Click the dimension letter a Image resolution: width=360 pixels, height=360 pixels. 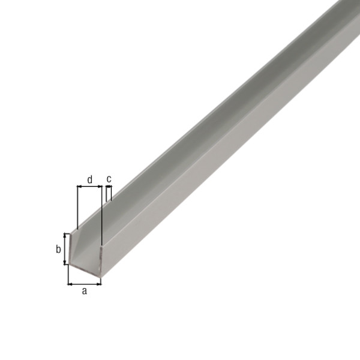[85, 292]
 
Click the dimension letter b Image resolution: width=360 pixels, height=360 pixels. [59, 249]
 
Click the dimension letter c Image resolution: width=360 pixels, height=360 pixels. [109, 179]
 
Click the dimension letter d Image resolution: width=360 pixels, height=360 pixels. [89, 179]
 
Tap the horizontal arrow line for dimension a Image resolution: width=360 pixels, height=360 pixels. [85, 283]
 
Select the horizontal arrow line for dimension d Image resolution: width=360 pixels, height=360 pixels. [89, 187]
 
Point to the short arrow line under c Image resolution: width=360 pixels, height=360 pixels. [109, 187]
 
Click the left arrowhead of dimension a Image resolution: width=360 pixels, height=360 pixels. [70, 283]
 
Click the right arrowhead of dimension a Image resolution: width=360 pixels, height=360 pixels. [99, 283]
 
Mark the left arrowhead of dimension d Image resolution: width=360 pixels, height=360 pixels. [79, 187]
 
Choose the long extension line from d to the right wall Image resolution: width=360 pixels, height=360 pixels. [102, 216]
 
